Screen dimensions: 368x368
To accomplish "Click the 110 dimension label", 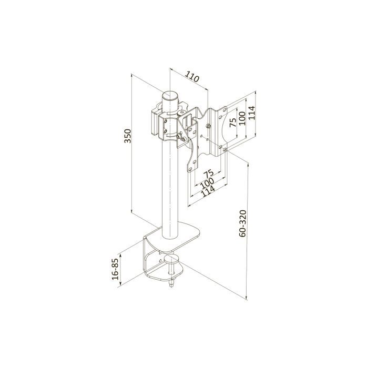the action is [192, 76].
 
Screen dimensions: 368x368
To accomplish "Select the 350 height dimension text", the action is [128, 136].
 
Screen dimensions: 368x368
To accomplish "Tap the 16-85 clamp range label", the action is [115, 269].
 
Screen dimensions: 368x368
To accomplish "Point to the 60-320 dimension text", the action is [242, 223].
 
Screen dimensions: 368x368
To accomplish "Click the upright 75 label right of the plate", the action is [233, 122].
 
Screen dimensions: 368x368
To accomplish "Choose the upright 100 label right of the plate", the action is [242, 118].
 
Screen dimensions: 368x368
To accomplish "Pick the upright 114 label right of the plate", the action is [251, 113].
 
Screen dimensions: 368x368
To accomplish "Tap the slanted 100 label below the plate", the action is [207, 183].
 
